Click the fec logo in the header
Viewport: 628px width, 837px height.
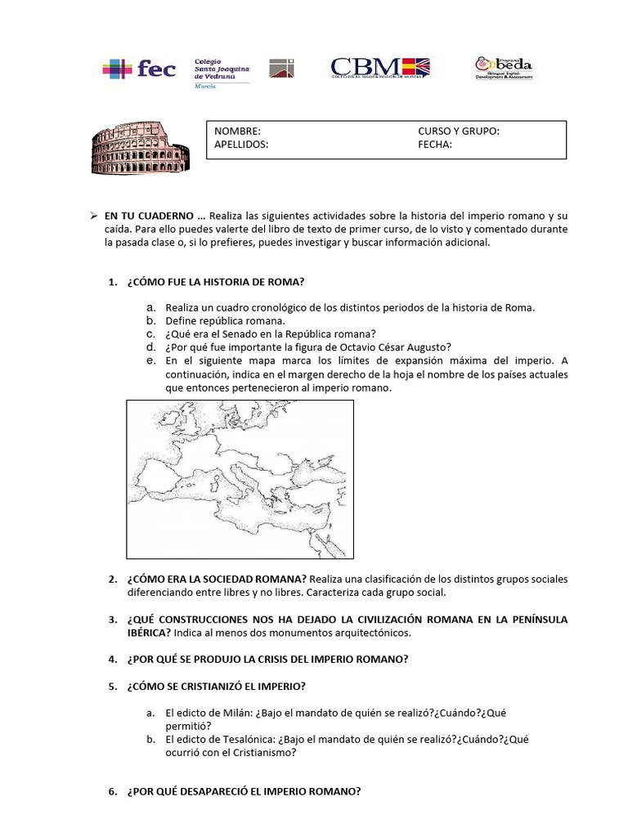point(139,69)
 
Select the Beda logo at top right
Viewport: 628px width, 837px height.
point(504,68)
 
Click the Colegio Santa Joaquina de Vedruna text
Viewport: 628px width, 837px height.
point(221,69)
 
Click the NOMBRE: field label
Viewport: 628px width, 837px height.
point(237,132)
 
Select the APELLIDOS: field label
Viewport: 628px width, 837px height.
point(240,145)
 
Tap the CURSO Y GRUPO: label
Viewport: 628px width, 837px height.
point(458,132)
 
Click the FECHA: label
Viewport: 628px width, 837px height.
point(435,145)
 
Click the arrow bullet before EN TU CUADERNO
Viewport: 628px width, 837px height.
point(93,215)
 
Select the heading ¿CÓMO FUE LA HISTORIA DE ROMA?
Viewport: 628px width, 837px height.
point(216,282)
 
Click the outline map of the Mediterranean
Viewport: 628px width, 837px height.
point(240,478)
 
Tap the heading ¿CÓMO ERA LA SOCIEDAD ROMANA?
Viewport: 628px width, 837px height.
point(217,579)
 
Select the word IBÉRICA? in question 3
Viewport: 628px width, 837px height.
point(149,633)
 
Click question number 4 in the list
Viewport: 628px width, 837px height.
point(113,659)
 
